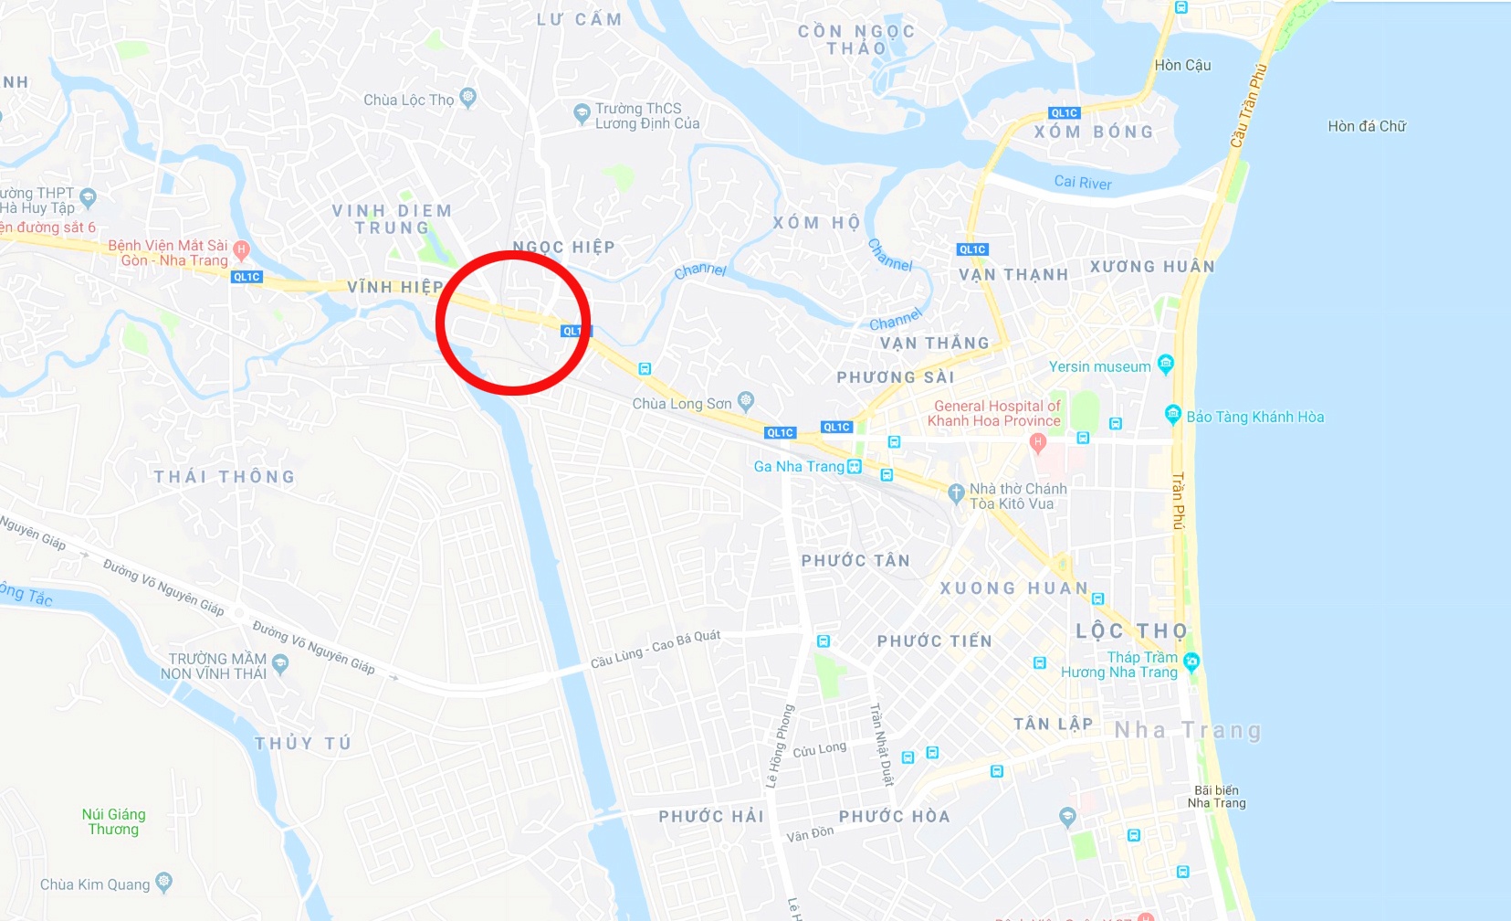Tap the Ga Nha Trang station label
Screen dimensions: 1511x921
tap(799, 466)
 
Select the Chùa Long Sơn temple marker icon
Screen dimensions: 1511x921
tap(746, 400)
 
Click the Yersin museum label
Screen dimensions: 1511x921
tap(1099, 366)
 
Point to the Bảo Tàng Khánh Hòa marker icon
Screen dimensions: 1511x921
tap(1173, 414)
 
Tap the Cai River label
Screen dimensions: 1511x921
tap(1083, 183)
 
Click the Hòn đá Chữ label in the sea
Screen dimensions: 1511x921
tap(1366, 126)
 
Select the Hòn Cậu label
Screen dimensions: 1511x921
tap(1182, 65)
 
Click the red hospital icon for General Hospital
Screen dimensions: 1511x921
tap(1037, 442)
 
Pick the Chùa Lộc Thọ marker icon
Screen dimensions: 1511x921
tap(468, 97)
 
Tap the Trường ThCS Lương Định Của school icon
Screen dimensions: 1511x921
tap(582, 113)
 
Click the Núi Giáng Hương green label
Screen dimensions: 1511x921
tap(113, 821)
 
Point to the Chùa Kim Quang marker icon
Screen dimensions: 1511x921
tap(163, 882)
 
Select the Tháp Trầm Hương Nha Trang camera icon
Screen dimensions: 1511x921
tap(1191, 661)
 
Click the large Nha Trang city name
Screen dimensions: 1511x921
tap(1188, 730)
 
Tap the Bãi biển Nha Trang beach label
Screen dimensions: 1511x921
tap(1216, 797)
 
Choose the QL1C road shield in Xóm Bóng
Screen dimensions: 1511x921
tap(1065, 113)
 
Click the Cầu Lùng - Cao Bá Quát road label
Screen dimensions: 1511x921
tap(656, 648)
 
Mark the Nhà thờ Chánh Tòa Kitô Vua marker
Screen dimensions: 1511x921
tap(956, 493)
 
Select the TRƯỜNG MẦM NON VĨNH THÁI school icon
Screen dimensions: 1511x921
tap(280, 664)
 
